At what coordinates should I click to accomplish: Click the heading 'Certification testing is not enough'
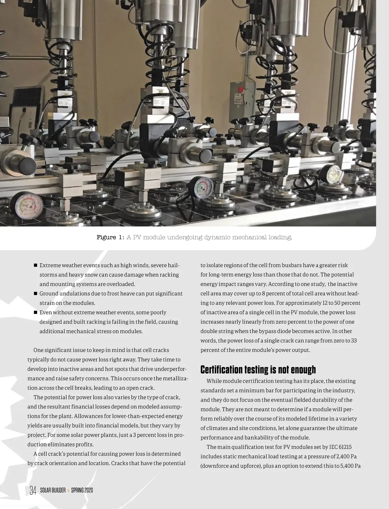point(258,370)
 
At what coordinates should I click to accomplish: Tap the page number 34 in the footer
point(33,491)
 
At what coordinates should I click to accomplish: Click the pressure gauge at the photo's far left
point(27,206)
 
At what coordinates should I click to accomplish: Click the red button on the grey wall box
point(241,89)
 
